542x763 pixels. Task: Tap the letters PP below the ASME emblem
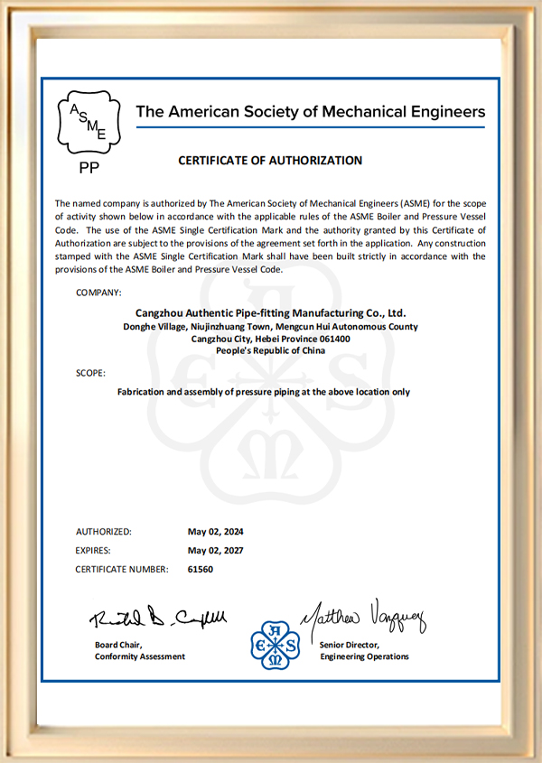coord(89,168)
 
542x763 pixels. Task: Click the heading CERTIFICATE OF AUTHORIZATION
coord(270,161)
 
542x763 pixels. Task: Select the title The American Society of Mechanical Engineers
coord(310,112)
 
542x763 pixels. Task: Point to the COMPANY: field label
coord(98,293)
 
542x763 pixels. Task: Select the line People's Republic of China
coord(270,351)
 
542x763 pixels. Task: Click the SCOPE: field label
coord(90,372)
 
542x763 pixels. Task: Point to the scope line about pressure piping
coord(264,393)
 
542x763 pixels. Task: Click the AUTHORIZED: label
coord(104,532)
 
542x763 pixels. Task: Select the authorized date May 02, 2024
coord(215,532)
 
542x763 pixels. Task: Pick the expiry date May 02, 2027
coord(215,551)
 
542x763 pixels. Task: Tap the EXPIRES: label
coord(96,551)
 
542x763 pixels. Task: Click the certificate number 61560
coord(201,570)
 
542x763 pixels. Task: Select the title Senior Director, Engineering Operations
coord(363,651)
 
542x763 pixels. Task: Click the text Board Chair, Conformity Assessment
coord(140,651)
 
